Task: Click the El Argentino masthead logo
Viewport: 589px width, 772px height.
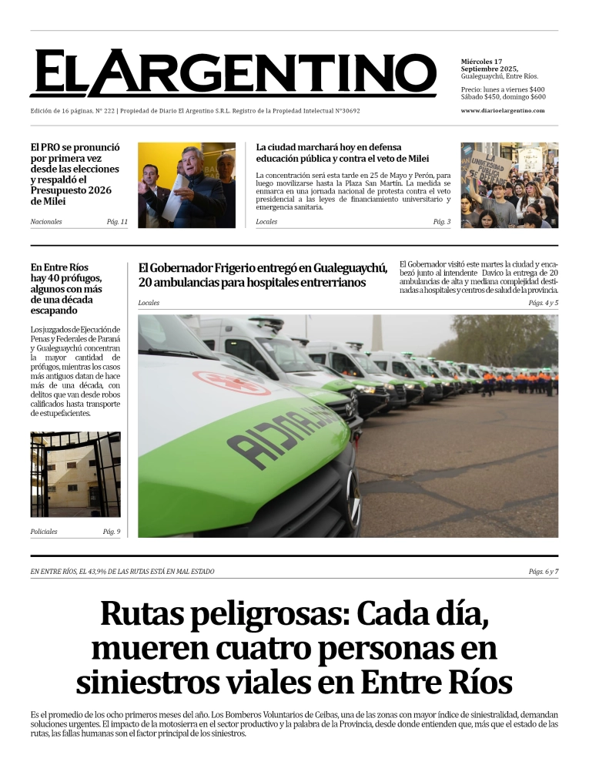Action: pyautogui.click(x=233, y=74)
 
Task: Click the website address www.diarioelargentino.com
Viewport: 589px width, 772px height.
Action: pyautogui.click(x=502, y=110)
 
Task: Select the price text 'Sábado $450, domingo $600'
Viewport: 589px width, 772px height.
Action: pyautogui.click(x=503, y=97)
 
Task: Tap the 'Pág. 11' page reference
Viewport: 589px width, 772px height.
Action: pyautogui.click(x=117, y=222)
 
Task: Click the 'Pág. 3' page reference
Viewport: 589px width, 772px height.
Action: pyautogui.click(x=442, y=222)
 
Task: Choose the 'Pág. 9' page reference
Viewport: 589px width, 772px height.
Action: pyautogui.click(x=112, y=532)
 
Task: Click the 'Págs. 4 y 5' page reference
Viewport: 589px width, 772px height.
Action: pyautogui.click(x=543, y=303)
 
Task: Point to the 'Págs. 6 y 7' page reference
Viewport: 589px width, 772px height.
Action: pyautogui.click(x=543, y=572)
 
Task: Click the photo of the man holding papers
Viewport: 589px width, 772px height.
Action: pyautogui.click(x=186, y=185)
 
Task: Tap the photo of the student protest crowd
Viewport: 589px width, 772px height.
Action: pyautogui.click(x=509, y=185)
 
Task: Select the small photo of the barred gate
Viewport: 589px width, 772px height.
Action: pyautogui.click(x=75, y=475)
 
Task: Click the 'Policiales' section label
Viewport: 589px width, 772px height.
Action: pyautogui.click(x=44, y=532)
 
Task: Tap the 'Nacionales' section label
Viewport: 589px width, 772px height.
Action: pyautogui.click(x=46, y=222)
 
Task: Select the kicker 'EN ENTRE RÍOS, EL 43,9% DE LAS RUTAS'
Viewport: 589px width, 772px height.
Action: pyautogui.click(x=122, y=572)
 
